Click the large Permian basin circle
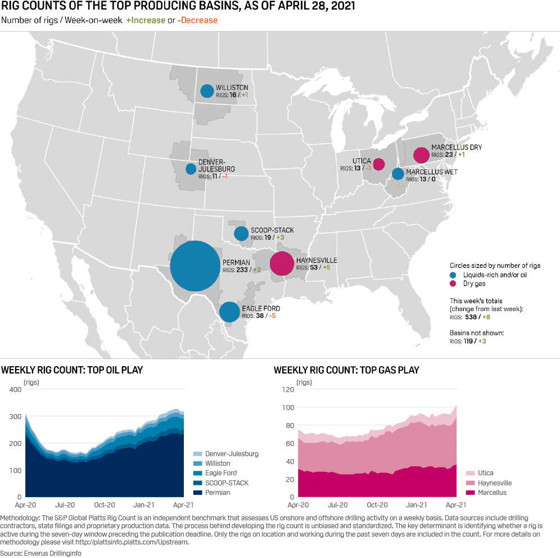[x=195, y=266]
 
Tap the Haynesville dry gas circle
[x=282, y=263]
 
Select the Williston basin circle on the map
[x=207, y=91]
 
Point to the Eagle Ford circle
[x=229, y=312]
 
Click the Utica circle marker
[x=379, y=164]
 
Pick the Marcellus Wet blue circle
[x=398, y=174]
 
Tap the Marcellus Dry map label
[x=456, y=147]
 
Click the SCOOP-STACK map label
[x=272, y=231]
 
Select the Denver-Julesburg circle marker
[x=191, y=169]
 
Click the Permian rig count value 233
[x=243, y=270]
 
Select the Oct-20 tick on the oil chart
[x=105, y=505]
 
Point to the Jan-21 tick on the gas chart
[x=417, y=505]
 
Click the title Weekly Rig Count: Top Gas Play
[x=346, y=370]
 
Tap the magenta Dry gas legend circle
[x=453, y=284]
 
